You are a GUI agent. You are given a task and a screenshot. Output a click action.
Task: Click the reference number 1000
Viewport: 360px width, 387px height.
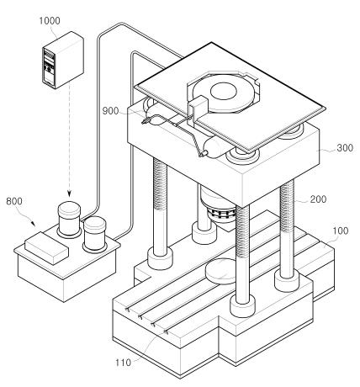coord(50,21)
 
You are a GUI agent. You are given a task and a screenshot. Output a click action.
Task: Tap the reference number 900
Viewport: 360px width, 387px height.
coord(110,111)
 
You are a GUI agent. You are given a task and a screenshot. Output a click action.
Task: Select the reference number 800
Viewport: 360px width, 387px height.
coord(14,201)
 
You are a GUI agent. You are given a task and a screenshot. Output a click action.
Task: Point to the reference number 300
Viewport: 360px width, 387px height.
coord(345,148)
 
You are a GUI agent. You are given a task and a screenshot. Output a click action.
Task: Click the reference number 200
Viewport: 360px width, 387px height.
coord(318,199)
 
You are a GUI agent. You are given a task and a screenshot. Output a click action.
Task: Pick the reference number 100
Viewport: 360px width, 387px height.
coord(341,231)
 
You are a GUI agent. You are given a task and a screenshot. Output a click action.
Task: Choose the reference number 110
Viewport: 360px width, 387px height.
coord(123,363)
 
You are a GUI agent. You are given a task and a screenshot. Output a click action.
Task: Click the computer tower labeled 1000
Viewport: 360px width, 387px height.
coord(63,60)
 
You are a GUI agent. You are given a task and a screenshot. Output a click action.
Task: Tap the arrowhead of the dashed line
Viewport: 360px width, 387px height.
coord(69,193)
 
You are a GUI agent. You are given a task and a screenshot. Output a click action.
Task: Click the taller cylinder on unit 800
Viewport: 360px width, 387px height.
coord(69,219)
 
